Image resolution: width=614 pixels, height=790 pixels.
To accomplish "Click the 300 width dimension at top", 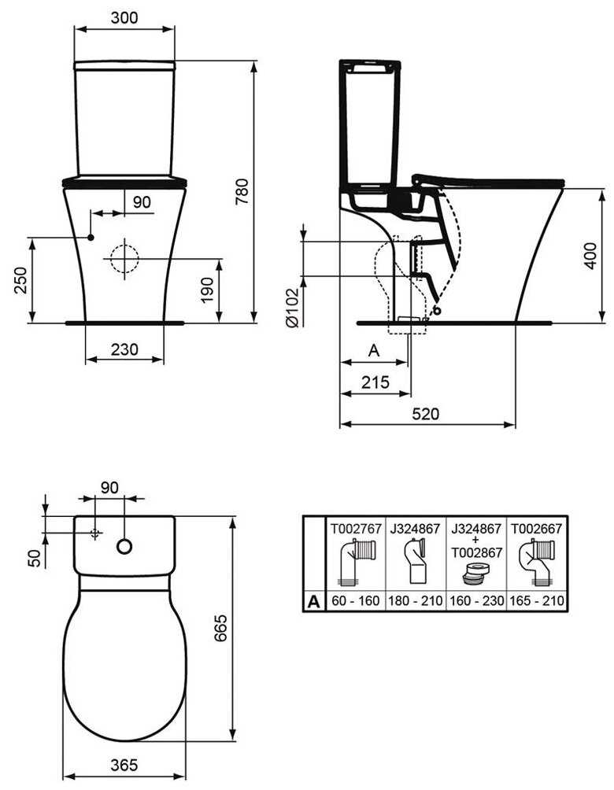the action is tap(124, 17).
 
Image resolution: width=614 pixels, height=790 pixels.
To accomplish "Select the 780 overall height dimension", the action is tap(242, 191).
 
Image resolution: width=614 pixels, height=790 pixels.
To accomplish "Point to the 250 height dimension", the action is tap(20, 280).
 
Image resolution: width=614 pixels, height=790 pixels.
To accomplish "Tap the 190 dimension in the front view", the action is tap(207, 290).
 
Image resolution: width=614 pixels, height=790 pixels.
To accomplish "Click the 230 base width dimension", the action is tap(124, 349).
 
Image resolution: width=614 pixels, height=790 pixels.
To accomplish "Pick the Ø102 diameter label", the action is tap(292, 308).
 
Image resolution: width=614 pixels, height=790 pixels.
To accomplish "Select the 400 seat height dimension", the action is tap(590, 256).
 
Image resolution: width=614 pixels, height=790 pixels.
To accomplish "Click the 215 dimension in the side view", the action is tap(375, 382).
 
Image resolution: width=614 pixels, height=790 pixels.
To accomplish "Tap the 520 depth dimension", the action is tap(425, 414).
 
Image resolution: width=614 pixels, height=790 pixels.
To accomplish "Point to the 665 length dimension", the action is tap(220, 628).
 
